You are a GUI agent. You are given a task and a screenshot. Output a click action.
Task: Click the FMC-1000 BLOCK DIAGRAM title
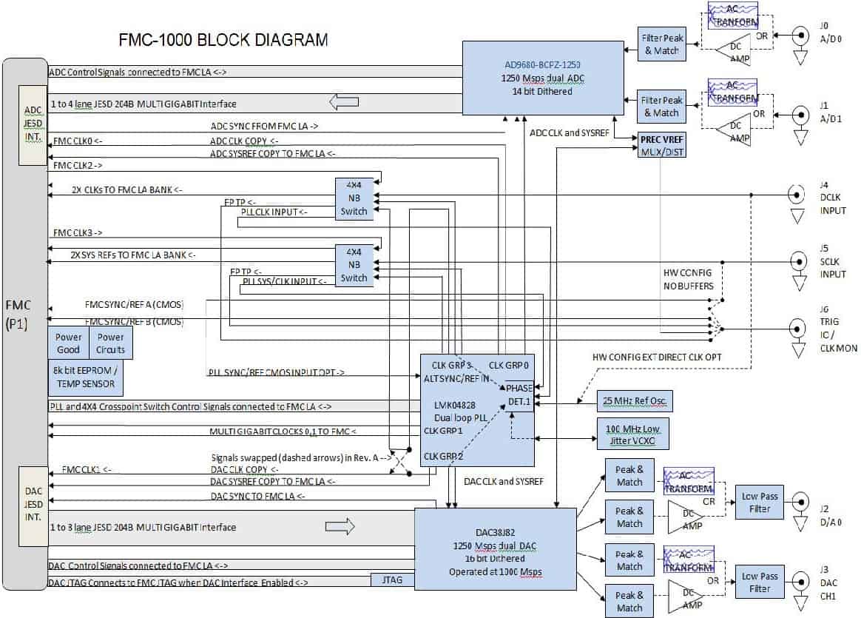(x=223, y=39)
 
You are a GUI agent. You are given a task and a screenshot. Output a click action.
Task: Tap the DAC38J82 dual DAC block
(x=495, y=547)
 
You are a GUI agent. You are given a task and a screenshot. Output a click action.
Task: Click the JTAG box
(x=392, y=580)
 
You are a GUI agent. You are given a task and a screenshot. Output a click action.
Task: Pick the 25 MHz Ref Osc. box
(x=634, y=401)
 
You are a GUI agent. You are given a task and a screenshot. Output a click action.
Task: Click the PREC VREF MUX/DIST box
(x=660, y=144)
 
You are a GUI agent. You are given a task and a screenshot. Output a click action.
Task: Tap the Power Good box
(x=69, y=343)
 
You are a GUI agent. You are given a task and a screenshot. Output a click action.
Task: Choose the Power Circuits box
(x=111, y=343)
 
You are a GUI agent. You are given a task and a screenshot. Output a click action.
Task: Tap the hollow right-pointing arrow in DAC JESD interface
(x=340, y=527)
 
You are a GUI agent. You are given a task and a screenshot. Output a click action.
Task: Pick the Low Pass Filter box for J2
(x=759, y=503)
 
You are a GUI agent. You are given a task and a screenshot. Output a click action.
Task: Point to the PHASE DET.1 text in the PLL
(x=519, y=394)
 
